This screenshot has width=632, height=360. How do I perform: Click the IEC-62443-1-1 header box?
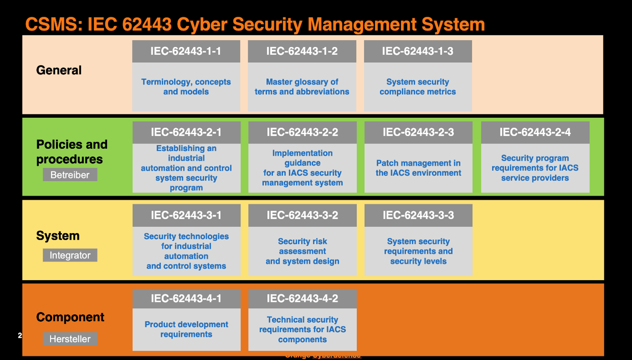click(x=186, y=51)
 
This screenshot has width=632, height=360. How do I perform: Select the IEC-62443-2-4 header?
click(x=535, y=132)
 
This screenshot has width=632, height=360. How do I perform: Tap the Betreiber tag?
click(x=70, y=175)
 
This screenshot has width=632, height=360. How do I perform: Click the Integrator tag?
click(x=70, y=256)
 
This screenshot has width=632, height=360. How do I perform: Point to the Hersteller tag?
click(x=70, y=339)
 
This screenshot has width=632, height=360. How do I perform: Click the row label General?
click(x=59, y=70)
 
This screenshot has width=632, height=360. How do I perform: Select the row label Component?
click(x=70, y=317)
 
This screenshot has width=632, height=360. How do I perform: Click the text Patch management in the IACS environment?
click(x=418, y=168)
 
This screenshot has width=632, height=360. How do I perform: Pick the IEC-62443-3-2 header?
click(x=302, y=215)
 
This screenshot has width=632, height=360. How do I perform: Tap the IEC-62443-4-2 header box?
click(x=302, y=299)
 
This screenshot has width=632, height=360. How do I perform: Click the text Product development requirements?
click(x=186, y=329)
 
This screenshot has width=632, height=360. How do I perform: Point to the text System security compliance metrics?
click(x=418, y=87)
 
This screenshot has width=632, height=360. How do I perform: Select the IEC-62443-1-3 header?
click(x=418, y=51)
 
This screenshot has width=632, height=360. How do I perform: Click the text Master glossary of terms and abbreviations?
click(x=302, y=87)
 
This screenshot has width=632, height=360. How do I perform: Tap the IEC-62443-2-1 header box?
click(x=186, y=132)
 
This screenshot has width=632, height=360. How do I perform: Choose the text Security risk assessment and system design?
click(x=302, y=251)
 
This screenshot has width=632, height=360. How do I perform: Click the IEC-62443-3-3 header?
click(x=418, y=215)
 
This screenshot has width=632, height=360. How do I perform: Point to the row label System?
click(x=58, y=236)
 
